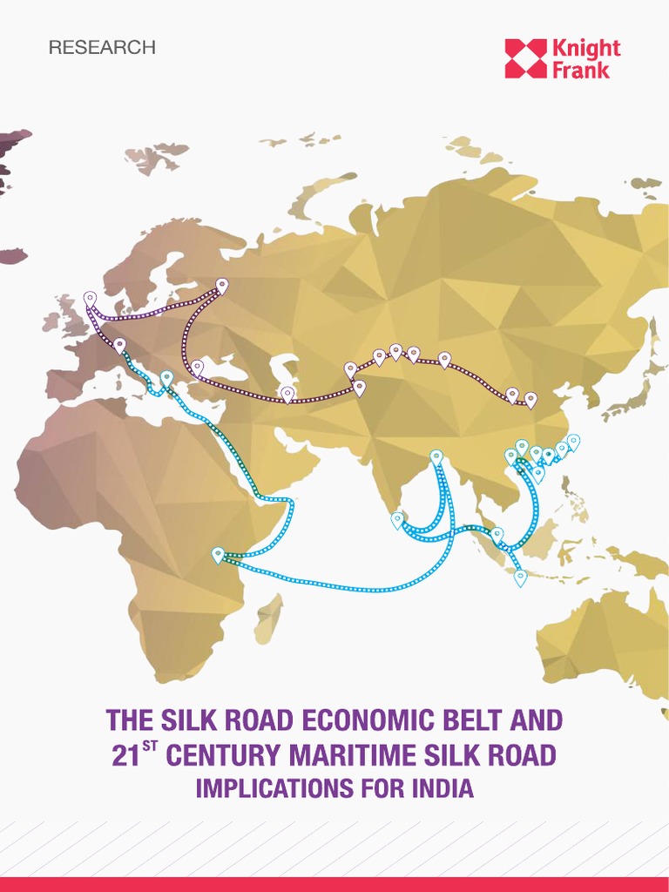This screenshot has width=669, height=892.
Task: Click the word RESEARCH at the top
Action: click(x=102, y=48)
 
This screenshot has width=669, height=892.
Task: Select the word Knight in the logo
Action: click(x=586, y=48)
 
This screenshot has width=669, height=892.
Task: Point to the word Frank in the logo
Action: click(x=581, y=70)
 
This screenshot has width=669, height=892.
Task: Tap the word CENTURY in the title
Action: click(x=221, y=755)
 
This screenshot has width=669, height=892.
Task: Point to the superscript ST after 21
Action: click(x=150, y=746)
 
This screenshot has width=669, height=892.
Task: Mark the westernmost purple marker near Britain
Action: click(x=90, y=299)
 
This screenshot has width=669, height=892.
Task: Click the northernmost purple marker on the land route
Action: click(x=222, y=285)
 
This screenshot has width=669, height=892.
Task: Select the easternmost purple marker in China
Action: click(x=530, y=398)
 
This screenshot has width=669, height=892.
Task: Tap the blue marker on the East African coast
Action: click(x=218, y=554)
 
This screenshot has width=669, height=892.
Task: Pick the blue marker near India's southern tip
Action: click(x=397, y=519)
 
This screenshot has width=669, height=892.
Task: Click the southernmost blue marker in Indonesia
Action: click(x=520, y=576)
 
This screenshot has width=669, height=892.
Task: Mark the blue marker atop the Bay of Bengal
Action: click(x=436, y=456)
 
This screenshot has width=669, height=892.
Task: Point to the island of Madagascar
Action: click(x=270, y=618)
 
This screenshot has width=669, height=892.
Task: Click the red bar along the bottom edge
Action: click(x=334, y=884)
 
